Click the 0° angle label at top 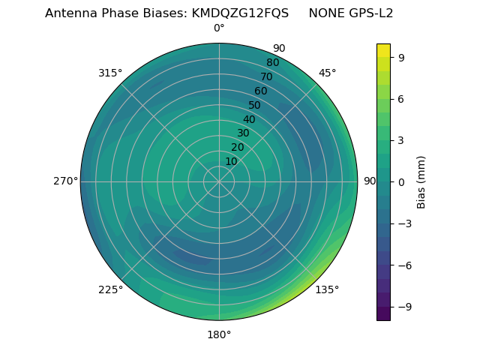coord(219,28)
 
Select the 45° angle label coord(327,73)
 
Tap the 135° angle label coord(327,289)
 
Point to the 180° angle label coord(219,334)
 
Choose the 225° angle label coord(110,289)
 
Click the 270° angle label coord(65,181)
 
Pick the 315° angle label coord(110,73)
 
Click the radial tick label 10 coord(232,161)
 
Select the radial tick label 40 coord(249,119)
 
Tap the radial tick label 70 coord(266,76)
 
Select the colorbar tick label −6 coord(403,265)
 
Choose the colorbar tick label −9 coord(403,307)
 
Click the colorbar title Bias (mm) coord(421,181)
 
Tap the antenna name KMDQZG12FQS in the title coord(241,13)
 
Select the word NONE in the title coord(323,13)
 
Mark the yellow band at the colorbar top coord(383,49)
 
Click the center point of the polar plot coord(219,181)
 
